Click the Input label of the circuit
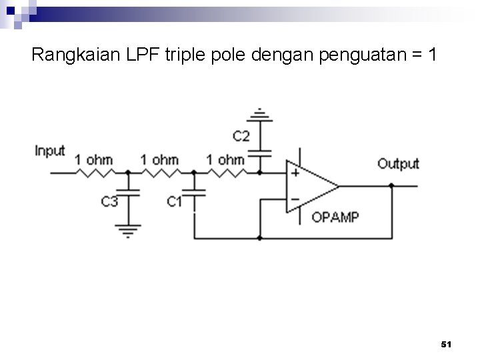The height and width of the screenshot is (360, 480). [x=50, y=151]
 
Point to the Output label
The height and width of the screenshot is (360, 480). [x=398, y=163]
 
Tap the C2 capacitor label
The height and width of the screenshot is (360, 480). [x=241, y=137]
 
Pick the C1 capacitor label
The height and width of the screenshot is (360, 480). [x=175, y=200]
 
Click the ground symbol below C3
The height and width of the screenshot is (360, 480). [x=127, y=231]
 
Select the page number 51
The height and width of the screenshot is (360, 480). [x=447, y=345]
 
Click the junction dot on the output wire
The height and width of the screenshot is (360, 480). [x=392, y=186]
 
